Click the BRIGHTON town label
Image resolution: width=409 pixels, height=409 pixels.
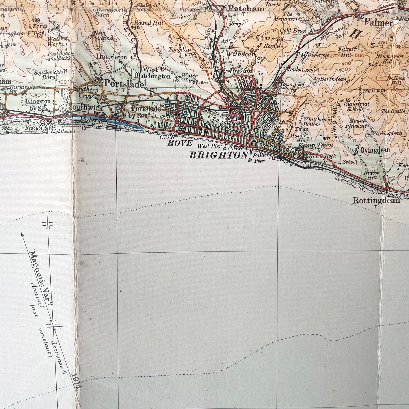218,155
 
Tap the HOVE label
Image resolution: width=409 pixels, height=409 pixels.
180,143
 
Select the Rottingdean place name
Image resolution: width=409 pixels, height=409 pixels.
376,200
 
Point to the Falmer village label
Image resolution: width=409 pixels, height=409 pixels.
378,22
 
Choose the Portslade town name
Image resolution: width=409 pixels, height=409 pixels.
124,83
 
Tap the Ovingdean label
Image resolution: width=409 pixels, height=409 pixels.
375,150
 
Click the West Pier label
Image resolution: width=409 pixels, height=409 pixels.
209,146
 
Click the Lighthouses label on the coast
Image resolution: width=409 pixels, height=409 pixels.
63,131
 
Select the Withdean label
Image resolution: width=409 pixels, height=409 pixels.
241,54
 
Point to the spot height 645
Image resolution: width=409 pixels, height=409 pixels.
373,65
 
